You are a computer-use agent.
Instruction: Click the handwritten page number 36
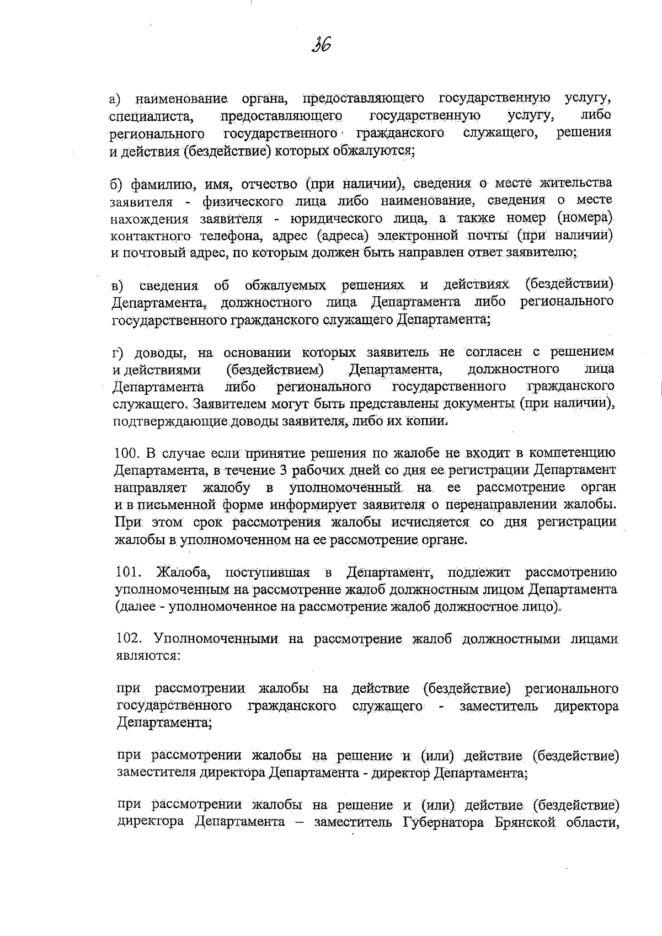[321, 44]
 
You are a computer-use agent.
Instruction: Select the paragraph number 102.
[128, 639]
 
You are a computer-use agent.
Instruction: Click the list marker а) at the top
[115, 99]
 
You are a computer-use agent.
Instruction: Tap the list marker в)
[117, 286]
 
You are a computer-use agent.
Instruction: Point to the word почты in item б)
[476, 236]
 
